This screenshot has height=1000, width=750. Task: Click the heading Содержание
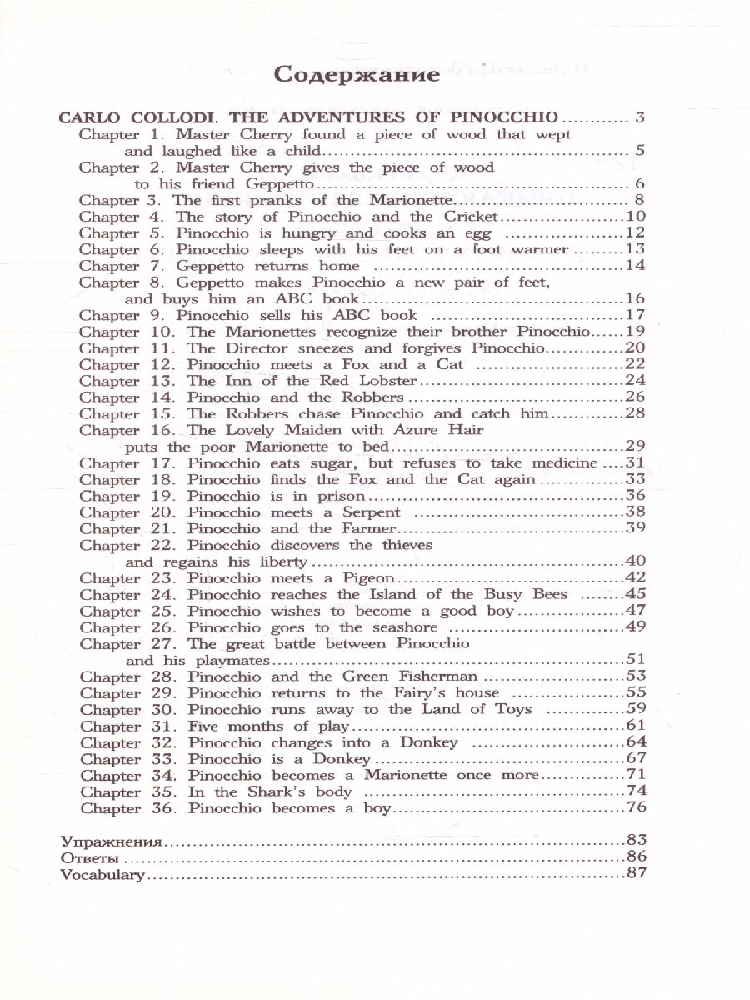point(357,76)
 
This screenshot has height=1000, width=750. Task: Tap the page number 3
point(639,117)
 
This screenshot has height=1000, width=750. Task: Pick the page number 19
point(636,332)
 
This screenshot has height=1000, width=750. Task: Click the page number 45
point(636,594)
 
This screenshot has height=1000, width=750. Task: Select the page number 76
point(636,808)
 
